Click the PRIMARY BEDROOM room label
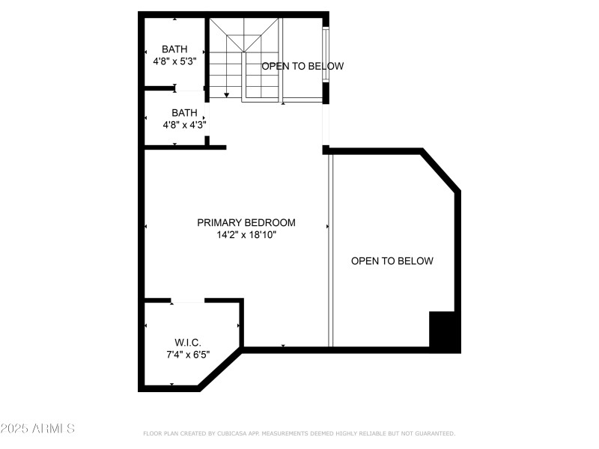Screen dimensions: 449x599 pos(246,222)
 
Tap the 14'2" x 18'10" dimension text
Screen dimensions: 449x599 pos(246,235)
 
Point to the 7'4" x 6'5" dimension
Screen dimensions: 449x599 pos(187,355)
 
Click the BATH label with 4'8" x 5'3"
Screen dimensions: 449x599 pos(174,49)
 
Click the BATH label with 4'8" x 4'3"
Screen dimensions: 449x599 pos(184,113)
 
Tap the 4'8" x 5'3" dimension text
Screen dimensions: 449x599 pos(174,61)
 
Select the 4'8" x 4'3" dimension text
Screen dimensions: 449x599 pos(184,125)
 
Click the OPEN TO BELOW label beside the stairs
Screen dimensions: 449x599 pos(302,66)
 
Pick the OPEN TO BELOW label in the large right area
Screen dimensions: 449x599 pos(392,261)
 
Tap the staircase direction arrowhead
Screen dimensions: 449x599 pos(227,95)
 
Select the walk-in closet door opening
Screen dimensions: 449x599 pos(188,301)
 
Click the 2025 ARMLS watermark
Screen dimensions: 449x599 pos(37,429)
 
